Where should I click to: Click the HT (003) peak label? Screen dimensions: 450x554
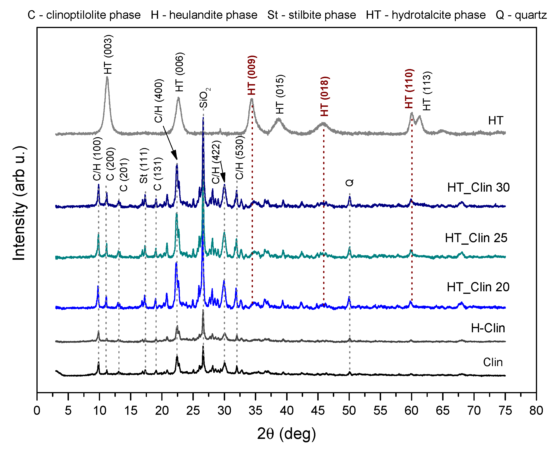[x=108, y=54]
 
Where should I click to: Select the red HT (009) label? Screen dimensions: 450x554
[x=252, y=75]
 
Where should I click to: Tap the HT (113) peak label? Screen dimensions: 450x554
[x=427, y=91]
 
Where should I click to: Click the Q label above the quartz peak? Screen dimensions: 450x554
[x=350, y=183]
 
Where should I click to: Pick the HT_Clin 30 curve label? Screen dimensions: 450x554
[x=478, y=187]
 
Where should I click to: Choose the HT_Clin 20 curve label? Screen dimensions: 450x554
[x=478, y=287]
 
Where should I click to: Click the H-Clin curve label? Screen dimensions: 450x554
[x=488, y=328]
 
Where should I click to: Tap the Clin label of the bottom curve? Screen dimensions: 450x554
[x=493, y=362]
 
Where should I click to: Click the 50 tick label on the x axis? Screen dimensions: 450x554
[x=349, y=411]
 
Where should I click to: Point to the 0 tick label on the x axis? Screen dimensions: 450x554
[x=37, y=411]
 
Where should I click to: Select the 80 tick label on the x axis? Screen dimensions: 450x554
[x=536, y=411]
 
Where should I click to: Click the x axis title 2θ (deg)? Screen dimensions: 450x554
[x=286, y=434]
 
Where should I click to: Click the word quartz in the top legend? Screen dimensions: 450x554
[x=531, y=15]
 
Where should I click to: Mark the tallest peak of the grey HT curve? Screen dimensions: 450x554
[x=107, y=77]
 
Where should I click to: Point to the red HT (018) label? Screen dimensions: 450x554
[x=324, y=96]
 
